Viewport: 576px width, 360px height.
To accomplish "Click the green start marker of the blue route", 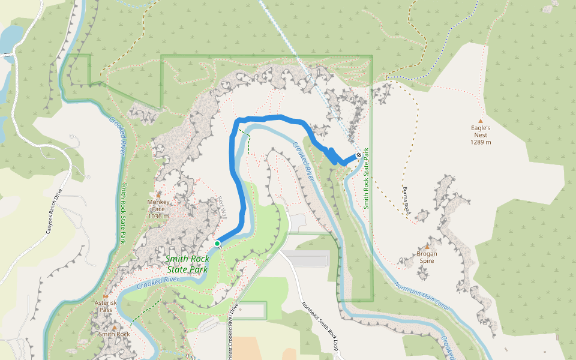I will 217,243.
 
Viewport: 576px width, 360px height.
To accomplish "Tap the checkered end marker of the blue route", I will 359,155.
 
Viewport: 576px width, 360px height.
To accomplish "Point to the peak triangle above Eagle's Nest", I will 481,121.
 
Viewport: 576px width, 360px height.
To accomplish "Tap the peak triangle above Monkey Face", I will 158,194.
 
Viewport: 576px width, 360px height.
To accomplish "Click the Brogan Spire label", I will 427,254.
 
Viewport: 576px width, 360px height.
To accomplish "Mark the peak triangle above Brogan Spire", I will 427,246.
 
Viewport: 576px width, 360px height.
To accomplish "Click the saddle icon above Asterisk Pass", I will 106,296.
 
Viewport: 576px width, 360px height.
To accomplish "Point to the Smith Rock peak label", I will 115,334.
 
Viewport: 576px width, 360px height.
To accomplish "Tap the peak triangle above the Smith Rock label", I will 115,327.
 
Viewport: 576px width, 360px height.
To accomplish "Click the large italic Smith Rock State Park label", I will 187,265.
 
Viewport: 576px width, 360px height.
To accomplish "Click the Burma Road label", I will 406,200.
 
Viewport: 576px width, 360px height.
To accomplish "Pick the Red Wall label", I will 222,207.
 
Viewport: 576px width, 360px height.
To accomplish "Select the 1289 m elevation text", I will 481,142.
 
